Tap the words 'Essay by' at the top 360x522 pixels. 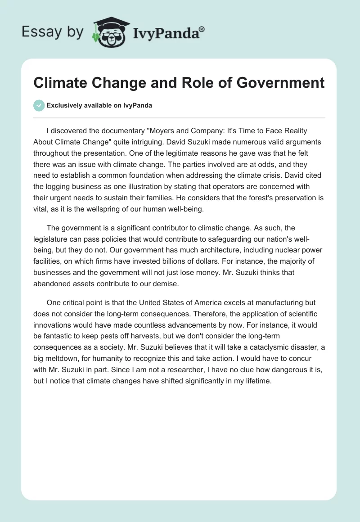(x=52, y=31)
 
